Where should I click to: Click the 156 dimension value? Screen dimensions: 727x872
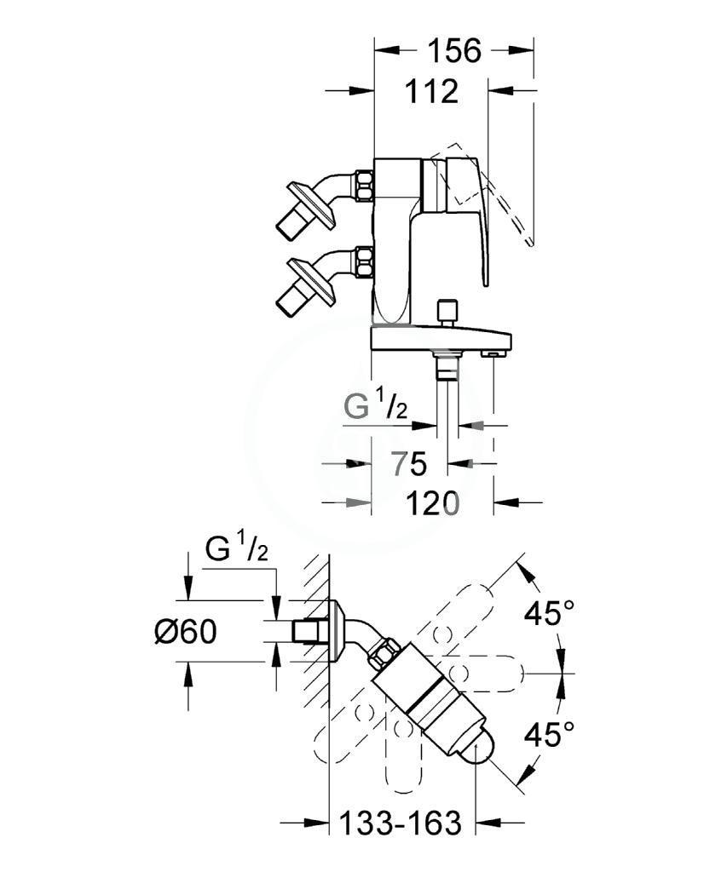pos(453,51)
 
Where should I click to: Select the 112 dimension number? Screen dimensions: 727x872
pos(431,91)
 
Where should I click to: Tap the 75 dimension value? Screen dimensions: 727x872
pos(408,463)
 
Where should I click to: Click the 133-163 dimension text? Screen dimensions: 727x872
pos(401,823)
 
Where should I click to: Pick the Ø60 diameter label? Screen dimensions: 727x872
pos(185,632)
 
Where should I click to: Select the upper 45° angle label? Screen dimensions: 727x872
pos(548,613)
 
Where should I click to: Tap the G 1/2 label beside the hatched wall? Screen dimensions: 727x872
pos(237,548)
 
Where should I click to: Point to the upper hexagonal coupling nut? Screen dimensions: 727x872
pos(365,186)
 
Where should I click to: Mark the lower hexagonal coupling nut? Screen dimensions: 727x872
pos(365,262)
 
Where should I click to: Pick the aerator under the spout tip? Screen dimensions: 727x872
pos(493,353)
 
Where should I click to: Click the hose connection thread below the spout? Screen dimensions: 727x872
pos(447,367)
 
